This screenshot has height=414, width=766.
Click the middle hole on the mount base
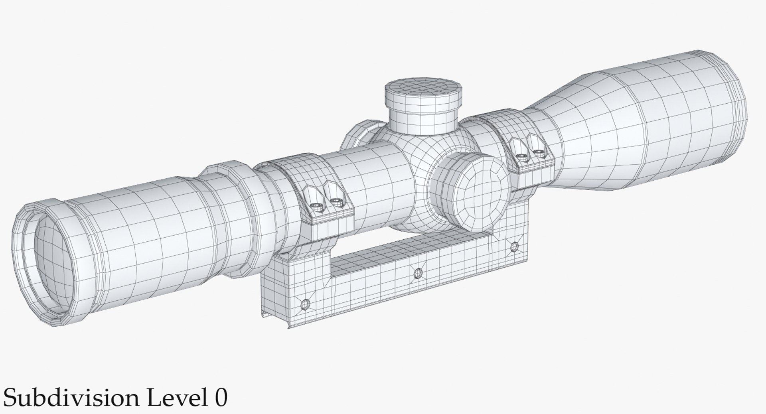(418, 273)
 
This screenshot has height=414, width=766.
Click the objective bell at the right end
(678, 116)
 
